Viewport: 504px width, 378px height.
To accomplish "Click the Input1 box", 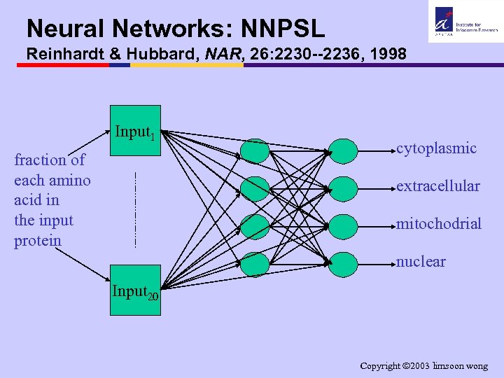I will tap(135, 130).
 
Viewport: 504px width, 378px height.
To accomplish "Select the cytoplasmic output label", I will tap(437, 148).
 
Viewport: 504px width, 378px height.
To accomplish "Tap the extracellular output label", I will tap(438, 186).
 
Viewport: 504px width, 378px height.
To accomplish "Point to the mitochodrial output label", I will tap(439, 224).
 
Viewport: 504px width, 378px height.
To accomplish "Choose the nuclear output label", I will tap(421, 262).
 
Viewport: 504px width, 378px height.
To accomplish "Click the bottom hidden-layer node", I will tap(255, 264).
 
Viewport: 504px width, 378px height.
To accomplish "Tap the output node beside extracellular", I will tap(343, 188).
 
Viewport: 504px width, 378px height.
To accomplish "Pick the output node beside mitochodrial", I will tap(343, 225).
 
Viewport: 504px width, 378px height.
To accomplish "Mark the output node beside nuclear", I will tap(343, 264).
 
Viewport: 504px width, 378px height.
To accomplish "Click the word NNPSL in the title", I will tap(283, 29).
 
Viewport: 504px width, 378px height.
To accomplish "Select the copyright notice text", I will tap(423, 366).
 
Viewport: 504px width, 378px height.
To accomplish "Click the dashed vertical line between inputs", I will tap(134, 209).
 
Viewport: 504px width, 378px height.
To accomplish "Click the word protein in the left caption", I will tap(38, 241).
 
